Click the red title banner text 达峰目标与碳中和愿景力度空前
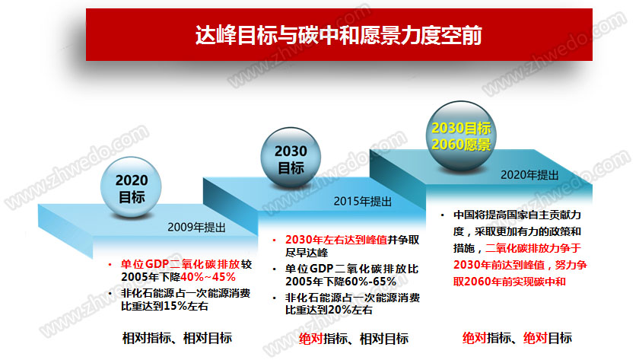[339, 35]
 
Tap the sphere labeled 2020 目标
[131, 187]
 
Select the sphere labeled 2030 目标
[291, 158]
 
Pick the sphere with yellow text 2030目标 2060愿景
[461, 136]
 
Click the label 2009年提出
[196, 228]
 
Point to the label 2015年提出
[363, 202]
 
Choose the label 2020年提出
[529, 175]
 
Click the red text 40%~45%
[208, 277]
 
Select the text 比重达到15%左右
[164, 306]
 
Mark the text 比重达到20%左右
[329, 311]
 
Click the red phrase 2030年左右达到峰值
[336, 240]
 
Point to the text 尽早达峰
[307, 253]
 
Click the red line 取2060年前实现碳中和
[510, 282]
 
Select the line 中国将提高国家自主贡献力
[517, 215]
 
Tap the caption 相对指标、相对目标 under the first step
[177, 338]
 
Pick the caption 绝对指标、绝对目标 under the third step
[517, 338]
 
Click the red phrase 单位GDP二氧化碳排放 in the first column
[180, 264]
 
